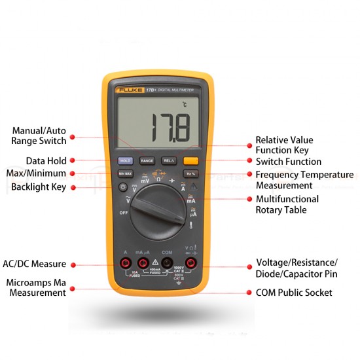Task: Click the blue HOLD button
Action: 125,160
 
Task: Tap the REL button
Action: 168,160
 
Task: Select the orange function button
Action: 190,160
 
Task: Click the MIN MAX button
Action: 125,174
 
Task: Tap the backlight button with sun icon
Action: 122,187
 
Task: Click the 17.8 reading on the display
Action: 169,128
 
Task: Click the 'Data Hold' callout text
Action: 46,160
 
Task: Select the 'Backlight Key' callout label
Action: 39,187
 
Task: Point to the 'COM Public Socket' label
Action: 294,293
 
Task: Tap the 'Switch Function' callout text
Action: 288,162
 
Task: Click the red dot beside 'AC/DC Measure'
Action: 73,264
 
